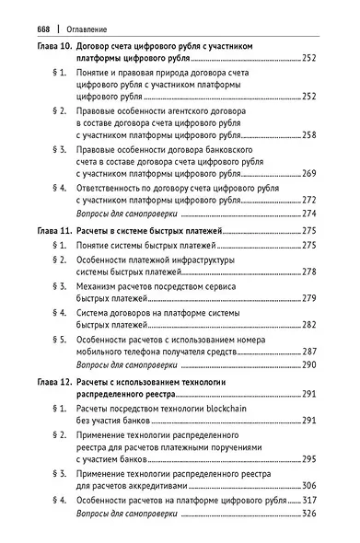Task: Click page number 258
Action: [308, 134]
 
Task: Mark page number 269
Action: [308, 173]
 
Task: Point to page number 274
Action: [308, 213]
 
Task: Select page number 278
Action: [308, 271]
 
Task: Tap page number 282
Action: [308, 325]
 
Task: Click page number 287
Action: [308, 352]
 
